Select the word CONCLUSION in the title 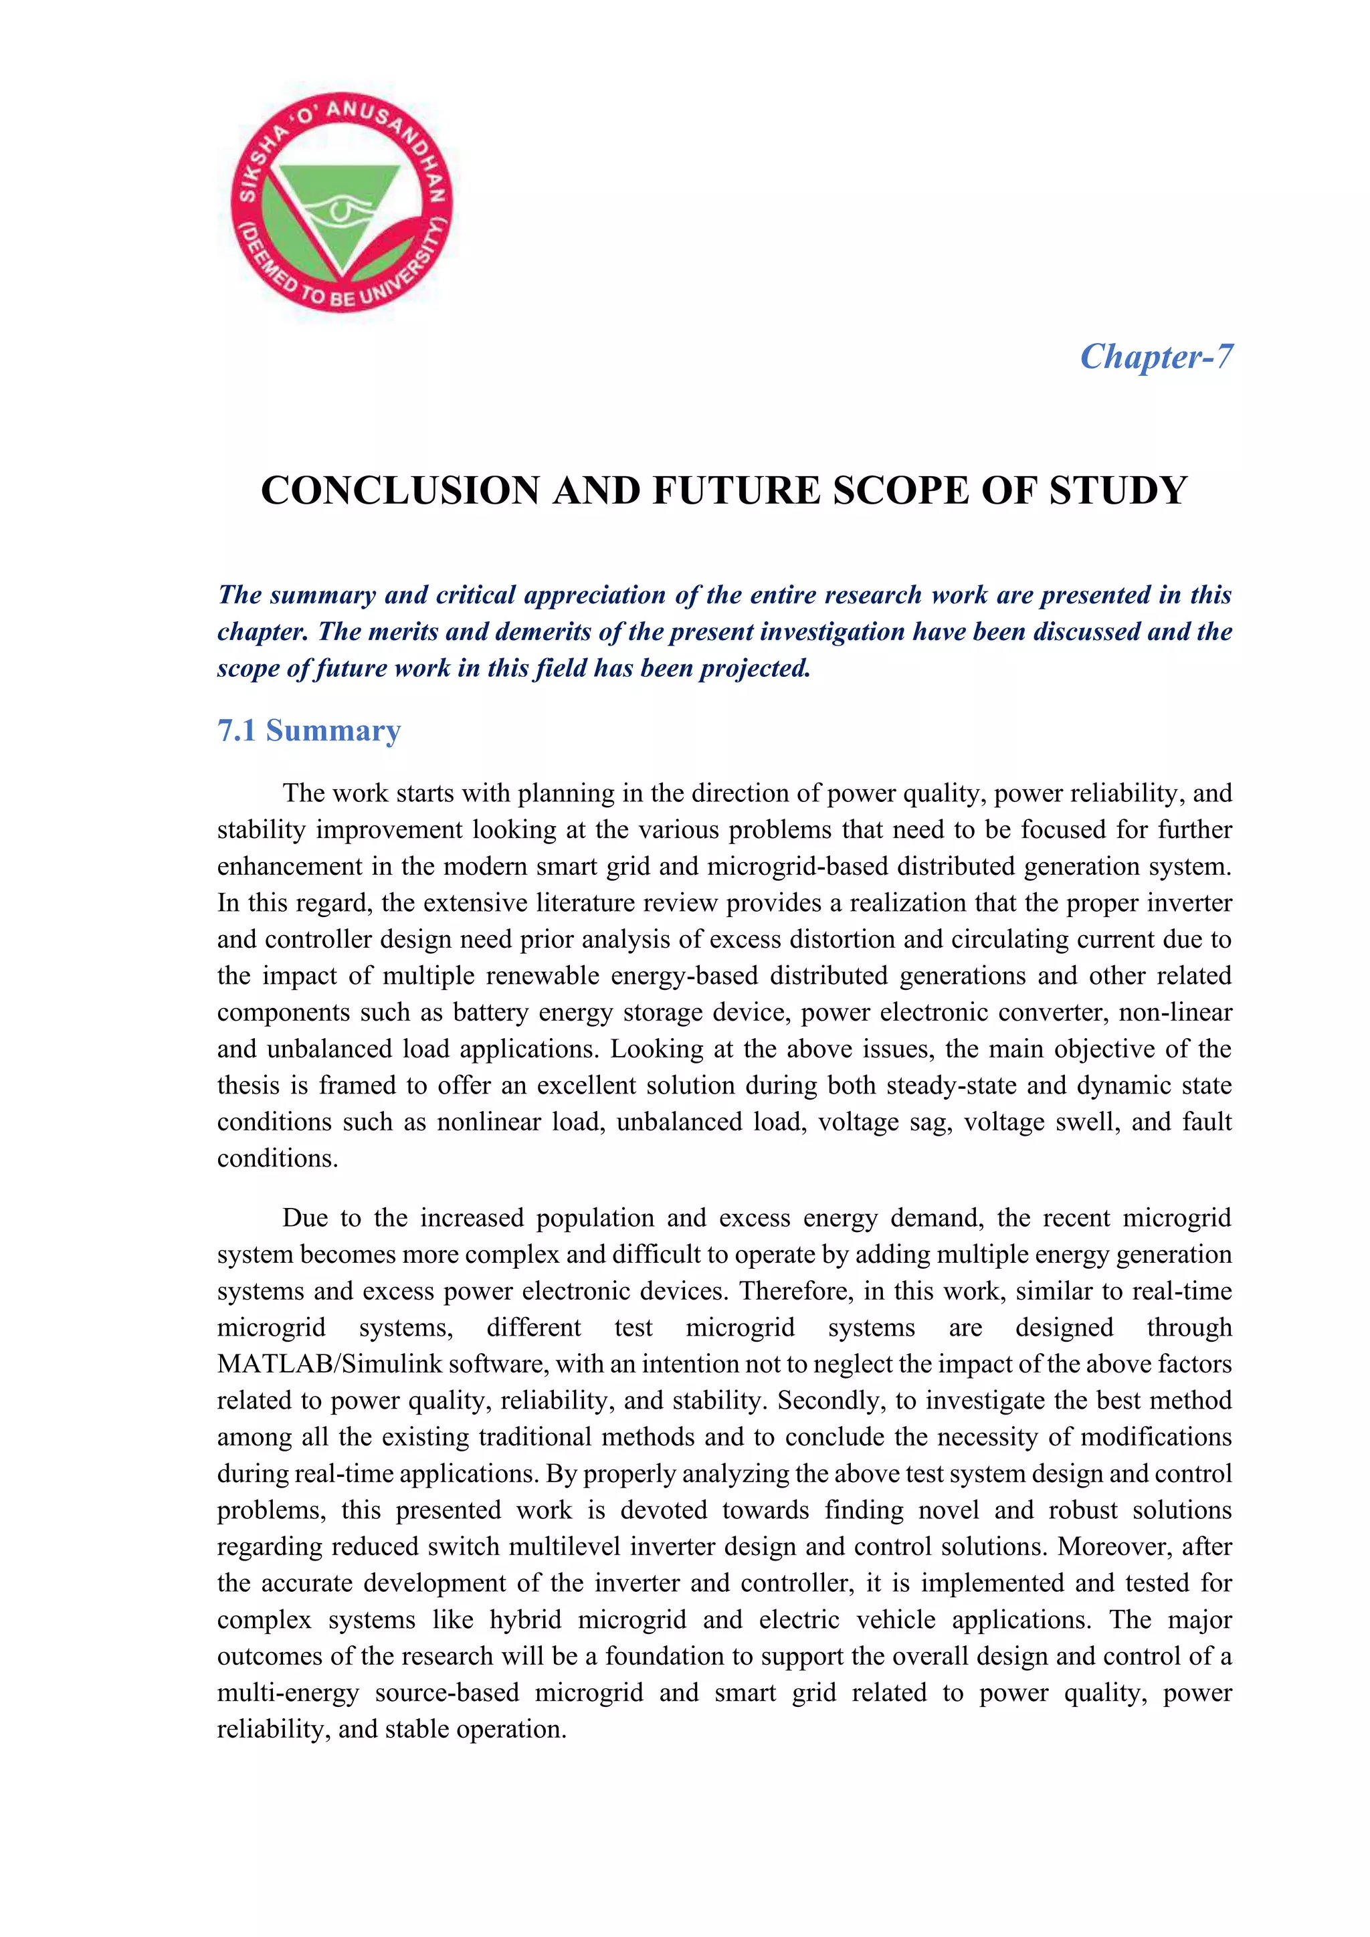coord(400,490)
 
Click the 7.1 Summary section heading coord(309,730)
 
